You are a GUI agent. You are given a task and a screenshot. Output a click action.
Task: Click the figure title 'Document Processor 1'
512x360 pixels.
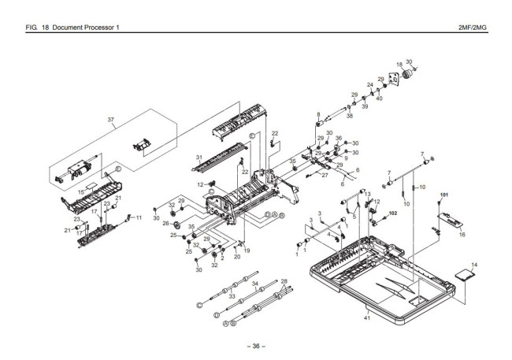pyautogui.click(x=86, y=28)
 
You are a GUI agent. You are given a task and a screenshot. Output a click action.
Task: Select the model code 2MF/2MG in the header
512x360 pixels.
pyautogui.click(x=472, y=28)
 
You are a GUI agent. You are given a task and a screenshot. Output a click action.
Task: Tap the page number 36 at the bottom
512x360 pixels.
pyautogui.click(x=256, y=346)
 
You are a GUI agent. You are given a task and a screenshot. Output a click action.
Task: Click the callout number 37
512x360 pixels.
pyautogui.click(x=111, y=120)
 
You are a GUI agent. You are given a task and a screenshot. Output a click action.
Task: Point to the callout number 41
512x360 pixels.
pyautogui.click(x=367, y=317)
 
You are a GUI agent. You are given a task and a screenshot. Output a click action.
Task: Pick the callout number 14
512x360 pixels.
pyautogui.click(x=474, y=265)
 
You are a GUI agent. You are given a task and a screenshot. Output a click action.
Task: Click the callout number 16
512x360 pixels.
pyautogui.click(x=462, y=234)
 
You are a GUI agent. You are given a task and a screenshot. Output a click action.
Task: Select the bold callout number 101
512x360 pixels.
pyautogui.click(x=443, y=195)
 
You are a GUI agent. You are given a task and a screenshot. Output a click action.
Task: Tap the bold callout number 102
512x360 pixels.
pyautogui.click(x=393, y=213)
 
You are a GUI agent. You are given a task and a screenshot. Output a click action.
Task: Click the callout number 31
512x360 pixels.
pyautogui.click(x=199, y=158)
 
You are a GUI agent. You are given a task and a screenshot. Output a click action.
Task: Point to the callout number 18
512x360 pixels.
pyautogui.click(x=399, y=65)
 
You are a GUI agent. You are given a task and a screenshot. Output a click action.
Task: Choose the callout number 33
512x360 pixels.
pyautogui.click(x=232, y=296)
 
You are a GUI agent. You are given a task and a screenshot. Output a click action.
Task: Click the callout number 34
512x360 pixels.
pyautogui.click(x=255, y=284)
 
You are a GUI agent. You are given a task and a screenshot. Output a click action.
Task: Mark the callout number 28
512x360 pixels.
pyautogui.click(x=284, y=281)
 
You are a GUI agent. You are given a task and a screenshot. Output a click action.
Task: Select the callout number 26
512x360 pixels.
pyautogui.click(x=166, y=224)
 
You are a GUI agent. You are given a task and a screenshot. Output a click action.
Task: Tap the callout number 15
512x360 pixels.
pyautogui.click(x=80, y=192)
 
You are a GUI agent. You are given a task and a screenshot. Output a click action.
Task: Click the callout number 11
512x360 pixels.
pyautogui.click(x=139, y=217)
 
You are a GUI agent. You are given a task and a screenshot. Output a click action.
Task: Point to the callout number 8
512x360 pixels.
pyautogui.click(x=318, y=114)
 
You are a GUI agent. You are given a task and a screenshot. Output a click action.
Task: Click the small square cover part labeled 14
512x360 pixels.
pyautogui.click(x=466, y=274)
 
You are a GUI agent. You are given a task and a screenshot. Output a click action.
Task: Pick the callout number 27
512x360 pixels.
pyautogui.click(x=325, y=175)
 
